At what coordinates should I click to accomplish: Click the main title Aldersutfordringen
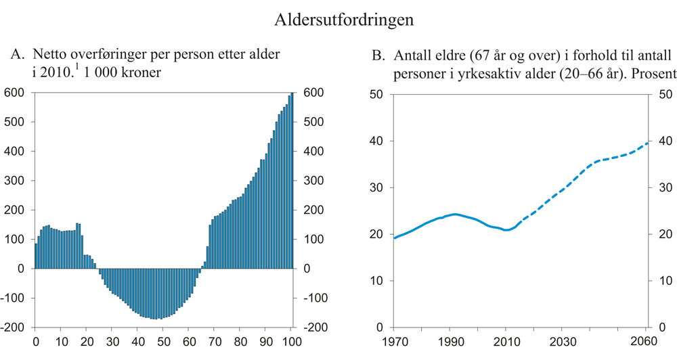(x=344, y=20)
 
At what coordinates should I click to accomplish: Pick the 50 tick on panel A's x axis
(x=162, y=340)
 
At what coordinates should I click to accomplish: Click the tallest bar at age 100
(x=292, y=180)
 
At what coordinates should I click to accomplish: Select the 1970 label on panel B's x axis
(x=394, y=340)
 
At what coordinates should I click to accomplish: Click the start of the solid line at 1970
(x=394, y=238)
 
